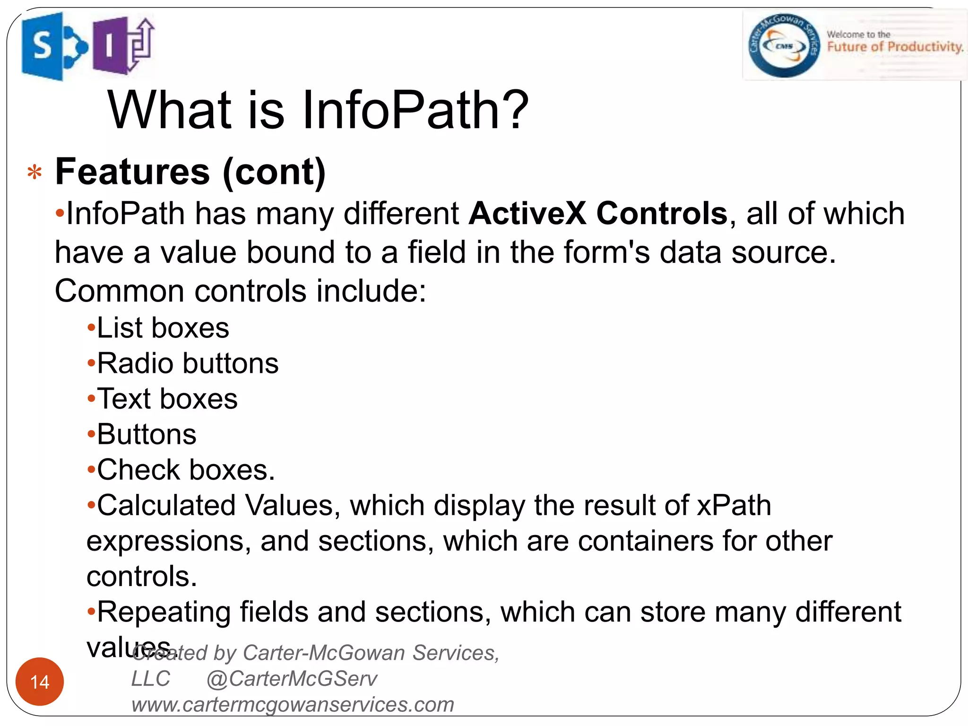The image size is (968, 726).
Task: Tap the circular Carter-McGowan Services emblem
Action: pos(784,45)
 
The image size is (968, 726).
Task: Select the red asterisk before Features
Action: pos(35,173)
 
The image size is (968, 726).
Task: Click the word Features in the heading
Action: pos(132,172)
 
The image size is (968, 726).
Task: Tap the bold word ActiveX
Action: pos(527,213)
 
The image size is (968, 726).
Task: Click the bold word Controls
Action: pos(662,213)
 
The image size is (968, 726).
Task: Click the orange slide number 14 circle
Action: pos(40,682)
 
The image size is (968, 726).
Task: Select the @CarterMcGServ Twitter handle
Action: pos(292,679)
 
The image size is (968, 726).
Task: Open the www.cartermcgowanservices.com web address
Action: pos(293,705)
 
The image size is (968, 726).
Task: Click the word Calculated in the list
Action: pos(166,505)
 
